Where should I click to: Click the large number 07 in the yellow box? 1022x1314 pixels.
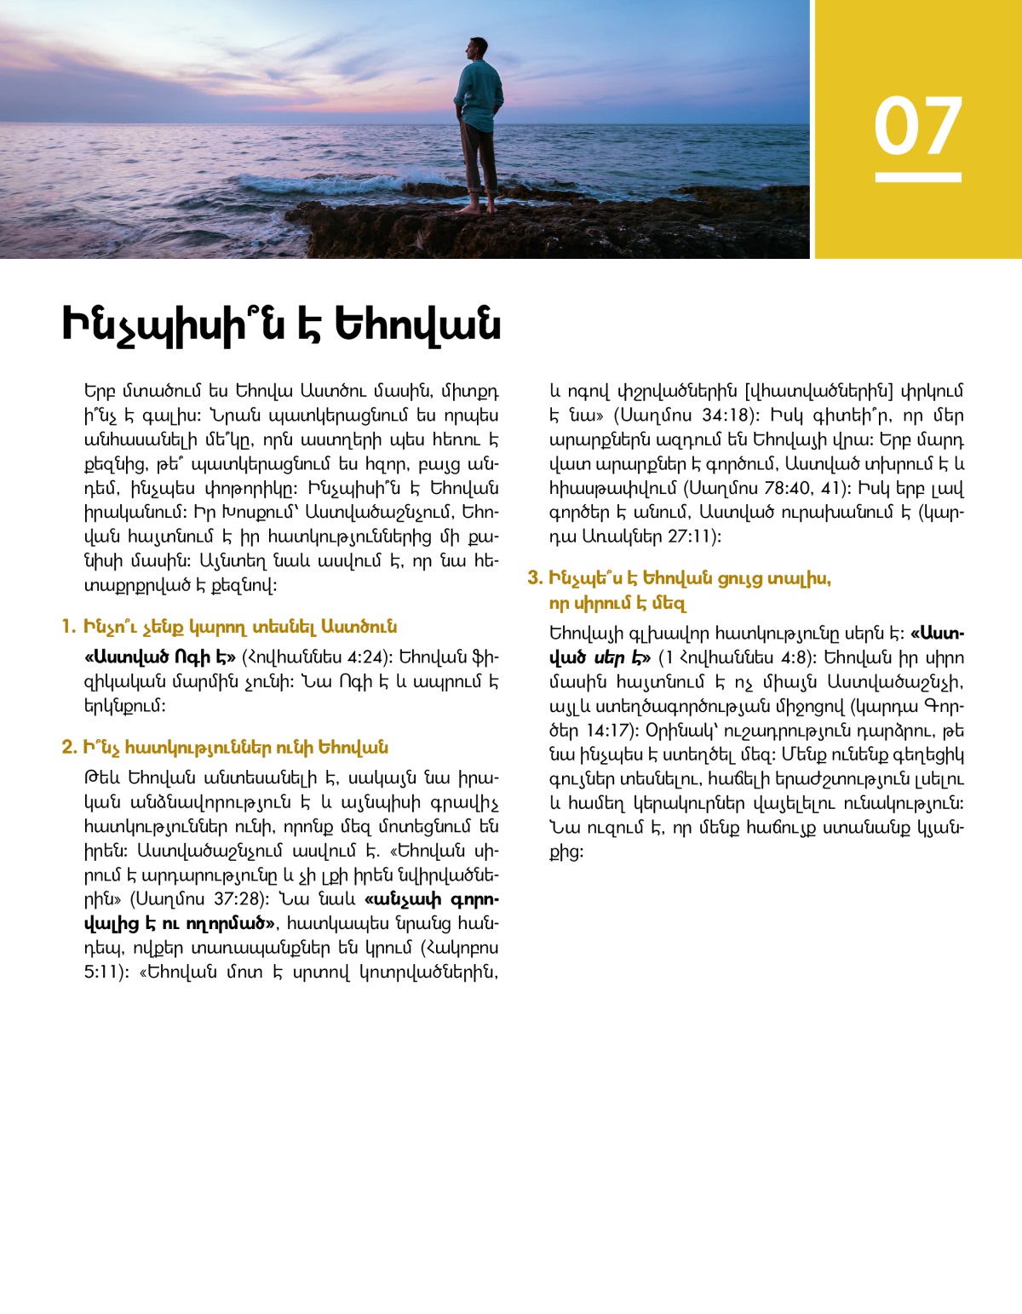coord(917,126)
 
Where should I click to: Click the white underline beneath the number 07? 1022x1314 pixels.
coord(917,177)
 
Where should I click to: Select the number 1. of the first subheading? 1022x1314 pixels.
coord(69,628)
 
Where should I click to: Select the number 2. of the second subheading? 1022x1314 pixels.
coord(69,748)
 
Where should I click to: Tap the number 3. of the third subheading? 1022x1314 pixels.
coord(535,579)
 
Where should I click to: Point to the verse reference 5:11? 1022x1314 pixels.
coord(102,972)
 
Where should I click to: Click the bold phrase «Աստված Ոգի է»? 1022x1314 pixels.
coord(160,657)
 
